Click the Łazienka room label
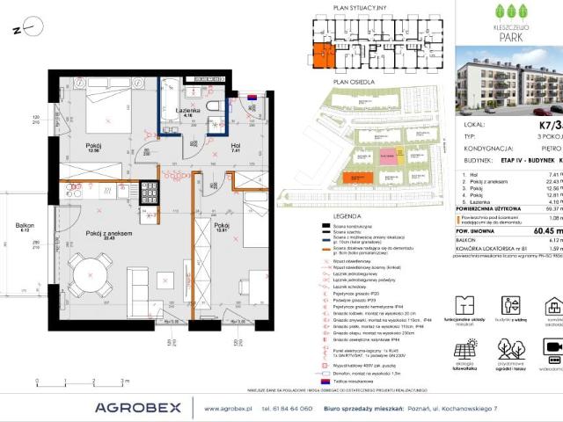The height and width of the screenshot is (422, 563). coord(187,108)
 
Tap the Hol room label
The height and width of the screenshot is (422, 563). coord(236,147)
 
